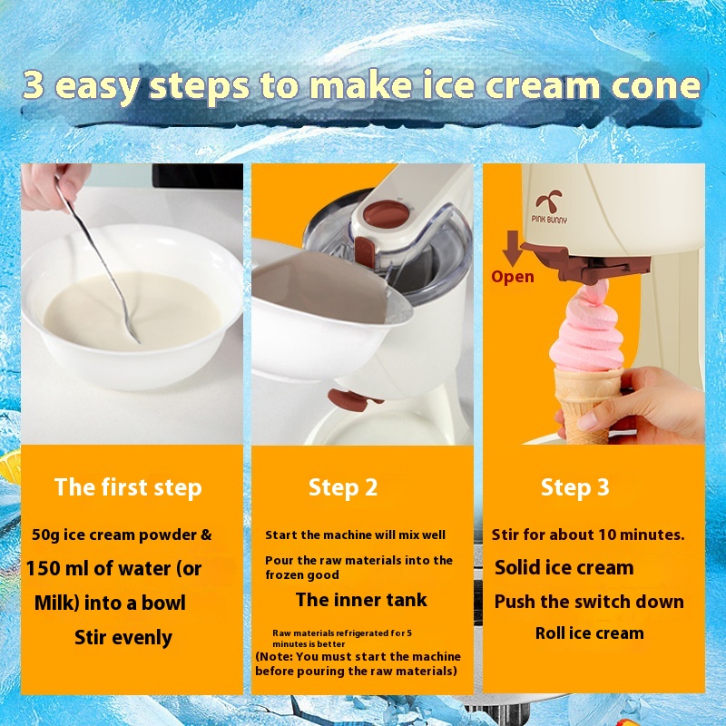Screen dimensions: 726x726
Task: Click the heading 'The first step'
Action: (128, 488)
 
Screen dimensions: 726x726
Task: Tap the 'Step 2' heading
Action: (343, 487)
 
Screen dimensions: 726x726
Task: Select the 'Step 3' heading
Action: (575, 487)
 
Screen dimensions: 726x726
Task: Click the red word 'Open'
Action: (513, 277)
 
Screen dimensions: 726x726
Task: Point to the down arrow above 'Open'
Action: (513, 248)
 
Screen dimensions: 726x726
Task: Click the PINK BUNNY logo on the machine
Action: (549, 208)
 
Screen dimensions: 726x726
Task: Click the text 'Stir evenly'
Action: (123, 638)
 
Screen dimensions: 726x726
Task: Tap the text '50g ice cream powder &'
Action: (122, 535)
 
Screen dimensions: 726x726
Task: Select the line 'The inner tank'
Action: (361, 600)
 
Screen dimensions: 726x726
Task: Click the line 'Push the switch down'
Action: (589, 602)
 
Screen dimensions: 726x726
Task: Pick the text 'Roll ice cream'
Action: (589, 633)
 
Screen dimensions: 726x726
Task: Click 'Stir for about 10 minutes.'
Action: (588, 535)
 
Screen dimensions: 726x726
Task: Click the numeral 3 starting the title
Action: (34, 84)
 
